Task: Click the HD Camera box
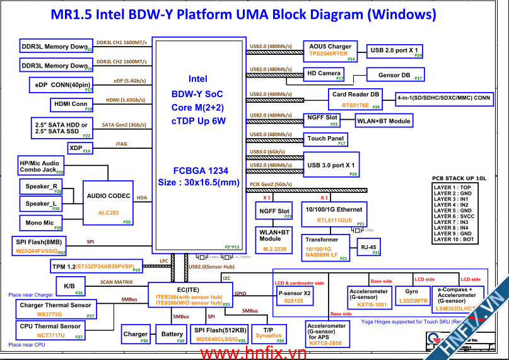325,74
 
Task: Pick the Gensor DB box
395,76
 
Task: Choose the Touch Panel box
326,139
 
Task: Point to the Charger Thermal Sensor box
56,308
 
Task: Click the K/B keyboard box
70,287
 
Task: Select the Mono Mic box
40,223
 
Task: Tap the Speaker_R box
42,187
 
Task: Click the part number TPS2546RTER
328,54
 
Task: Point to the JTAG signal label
121,144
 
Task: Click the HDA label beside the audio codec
142,198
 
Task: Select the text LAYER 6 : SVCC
452,216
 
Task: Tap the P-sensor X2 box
295,296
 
